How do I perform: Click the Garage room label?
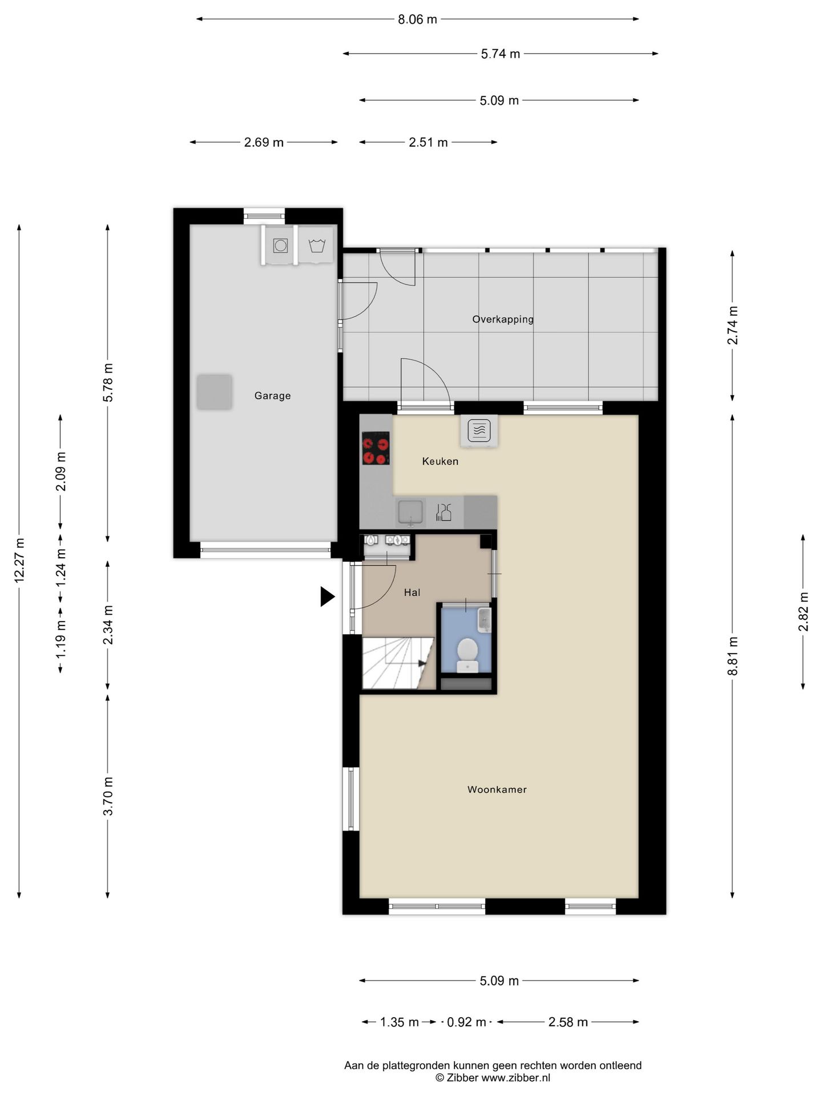(x=272, y=396)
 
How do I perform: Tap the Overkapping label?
(x=503, y=319)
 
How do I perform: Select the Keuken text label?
(x=440, y=461)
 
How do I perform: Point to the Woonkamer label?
(x=497, y=789)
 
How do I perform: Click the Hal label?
(x=412, y=593)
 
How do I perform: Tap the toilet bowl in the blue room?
(x=468, y=655)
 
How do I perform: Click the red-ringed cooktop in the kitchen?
(x=376, y=448)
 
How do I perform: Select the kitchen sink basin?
(x=410, y=512)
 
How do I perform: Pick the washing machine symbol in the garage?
(x=280, y=245)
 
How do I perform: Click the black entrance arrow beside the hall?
(x=327, y=597)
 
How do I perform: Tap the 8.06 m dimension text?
(x=417, y=19)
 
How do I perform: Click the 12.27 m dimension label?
(x=19, y=561)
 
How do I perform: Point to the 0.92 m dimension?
(x=466, y=1022)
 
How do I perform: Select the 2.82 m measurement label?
(x=804, y=611)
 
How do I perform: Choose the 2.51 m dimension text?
(x=428, y=142)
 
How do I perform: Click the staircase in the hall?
(x=398, y=663)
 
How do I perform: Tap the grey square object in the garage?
(x=215, y=392)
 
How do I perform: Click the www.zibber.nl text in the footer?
(x=516, y=1078)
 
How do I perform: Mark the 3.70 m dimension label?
(x=108, y=796)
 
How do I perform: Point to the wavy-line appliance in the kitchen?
(x=479, y=431)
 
